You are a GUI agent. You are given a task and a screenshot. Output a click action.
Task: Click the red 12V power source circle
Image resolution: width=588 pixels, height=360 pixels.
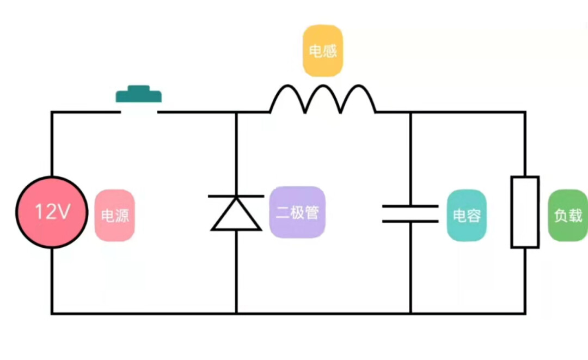52,212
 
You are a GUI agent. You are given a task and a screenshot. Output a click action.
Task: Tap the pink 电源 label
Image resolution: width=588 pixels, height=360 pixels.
114,215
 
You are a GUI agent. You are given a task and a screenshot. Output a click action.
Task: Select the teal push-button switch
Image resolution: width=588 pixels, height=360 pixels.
139,95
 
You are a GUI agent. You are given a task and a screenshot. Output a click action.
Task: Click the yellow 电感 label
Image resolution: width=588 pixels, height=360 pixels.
323,51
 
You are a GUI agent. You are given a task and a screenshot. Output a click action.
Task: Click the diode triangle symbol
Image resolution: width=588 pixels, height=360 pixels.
236,214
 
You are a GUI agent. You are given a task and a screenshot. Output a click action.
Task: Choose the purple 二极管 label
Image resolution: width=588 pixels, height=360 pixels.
297,212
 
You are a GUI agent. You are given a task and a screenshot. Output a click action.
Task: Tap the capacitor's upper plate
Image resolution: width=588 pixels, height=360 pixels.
411,206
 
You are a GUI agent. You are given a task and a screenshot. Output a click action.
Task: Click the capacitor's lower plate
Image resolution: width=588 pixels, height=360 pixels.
411,221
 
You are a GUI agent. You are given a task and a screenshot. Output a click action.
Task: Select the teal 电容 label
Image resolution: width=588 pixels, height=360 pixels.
467,215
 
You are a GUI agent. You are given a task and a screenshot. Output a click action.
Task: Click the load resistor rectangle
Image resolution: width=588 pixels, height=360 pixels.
525,212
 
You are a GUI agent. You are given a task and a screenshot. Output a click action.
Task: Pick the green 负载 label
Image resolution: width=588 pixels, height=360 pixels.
568,215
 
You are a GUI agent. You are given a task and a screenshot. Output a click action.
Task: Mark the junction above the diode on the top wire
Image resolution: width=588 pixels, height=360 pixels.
236,112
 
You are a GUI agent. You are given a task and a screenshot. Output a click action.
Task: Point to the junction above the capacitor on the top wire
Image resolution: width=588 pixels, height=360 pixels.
411,112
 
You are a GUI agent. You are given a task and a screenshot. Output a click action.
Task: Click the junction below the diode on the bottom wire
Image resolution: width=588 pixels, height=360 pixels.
236,313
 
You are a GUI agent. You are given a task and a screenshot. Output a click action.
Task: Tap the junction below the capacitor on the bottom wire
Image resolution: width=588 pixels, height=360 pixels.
411,313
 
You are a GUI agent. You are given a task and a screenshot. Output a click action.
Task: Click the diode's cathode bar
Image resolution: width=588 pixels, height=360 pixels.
236,196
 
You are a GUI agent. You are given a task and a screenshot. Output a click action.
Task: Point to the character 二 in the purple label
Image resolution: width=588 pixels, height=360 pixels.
282,212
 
